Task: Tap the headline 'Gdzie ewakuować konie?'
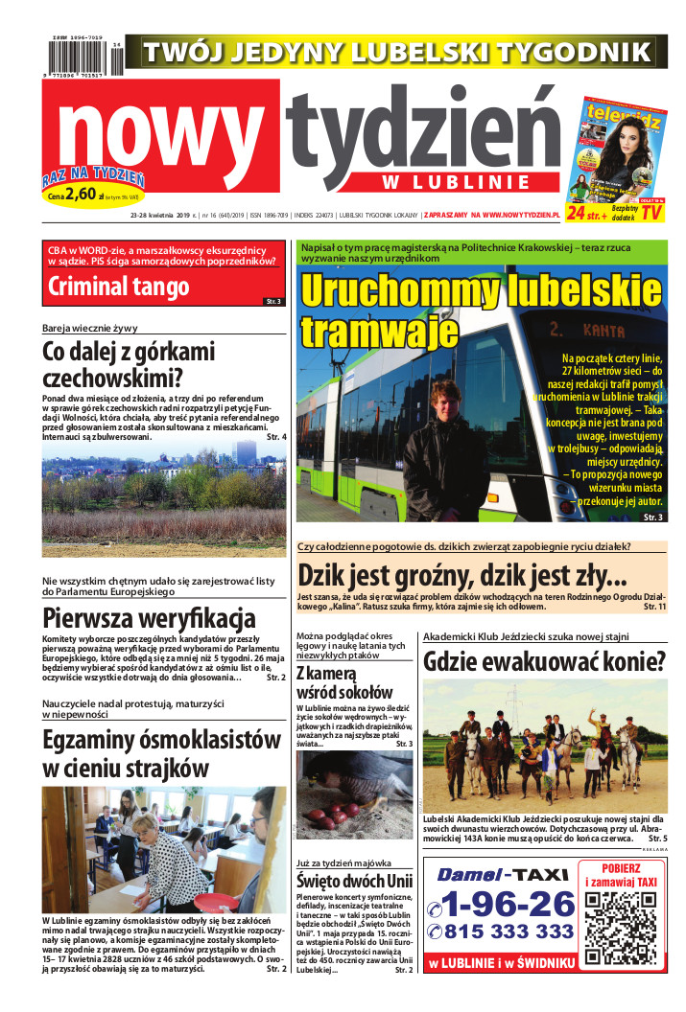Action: click(544, 661)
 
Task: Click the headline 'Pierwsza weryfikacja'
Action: click(149, 617)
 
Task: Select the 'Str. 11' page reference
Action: click(653, 607)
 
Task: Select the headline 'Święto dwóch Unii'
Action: click(354, 882)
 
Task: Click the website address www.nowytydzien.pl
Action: click(548, 215)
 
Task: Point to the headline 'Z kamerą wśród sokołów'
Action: click(343, 681)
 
